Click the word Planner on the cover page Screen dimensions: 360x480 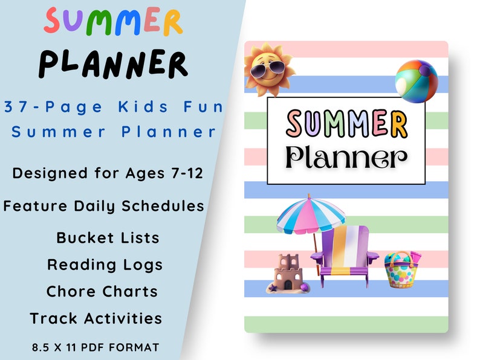(x=346, y=158)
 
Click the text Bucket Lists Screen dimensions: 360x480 (x=108, y=237)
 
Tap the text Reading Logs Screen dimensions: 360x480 (x=105, y=265)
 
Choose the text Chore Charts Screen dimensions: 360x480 (x=102, y=291)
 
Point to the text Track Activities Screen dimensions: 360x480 (x=96, y=318)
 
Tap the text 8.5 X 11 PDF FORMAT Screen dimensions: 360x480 (x=96, y=347)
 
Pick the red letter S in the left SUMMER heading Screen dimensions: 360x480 (x=55, y=22)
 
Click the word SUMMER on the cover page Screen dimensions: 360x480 (x=346, y=123)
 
